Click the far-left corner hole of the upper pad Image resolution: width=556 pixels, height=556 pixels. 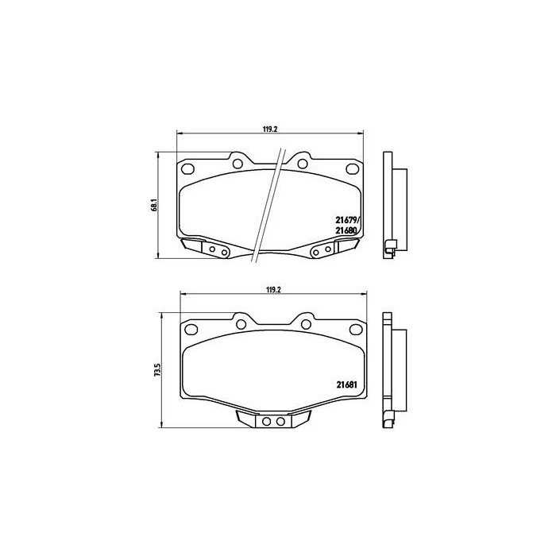(x=188, y=168)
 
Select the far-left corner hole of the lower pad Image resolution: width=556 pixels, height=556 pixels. (x=191, y=327)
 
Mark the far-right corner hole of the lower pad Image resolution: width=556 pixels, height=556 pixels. (x=352, y=327)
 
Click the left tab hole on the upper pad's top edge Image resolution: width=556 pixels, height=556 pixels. (x=237, y=163)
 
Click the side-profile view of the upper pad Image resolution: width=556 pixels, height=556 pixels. (x=392, y=203)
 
